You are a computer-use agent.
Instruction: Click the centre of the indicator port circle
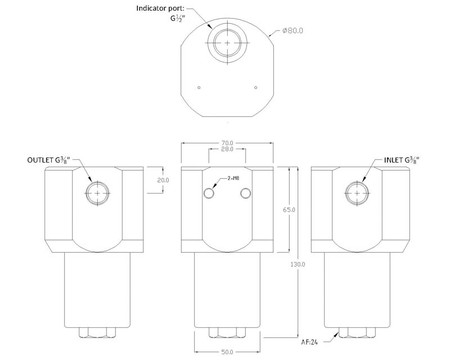tap(227, 43)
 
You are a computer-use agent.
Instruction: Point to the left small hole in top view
tap(199, 87)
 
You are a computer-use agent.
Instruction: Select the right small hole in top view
tap(255, 87)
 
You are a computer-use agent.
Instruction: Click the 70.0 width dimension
tap(227, 143)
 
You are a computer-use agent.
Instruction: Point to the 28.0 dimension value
tap(227, 150)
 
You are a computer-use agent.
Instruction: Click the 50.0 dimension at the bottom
tap(227, 352)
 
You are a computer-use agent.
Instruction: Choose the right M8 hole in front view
tap(245, 193)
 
